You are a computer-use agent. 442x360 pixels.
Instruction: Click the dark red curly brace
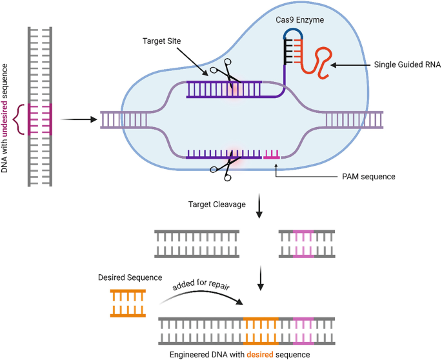(x=22, y=119)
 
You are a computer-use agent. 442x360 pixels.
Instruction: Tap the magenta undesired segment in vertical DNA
(x=41, y=119)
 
